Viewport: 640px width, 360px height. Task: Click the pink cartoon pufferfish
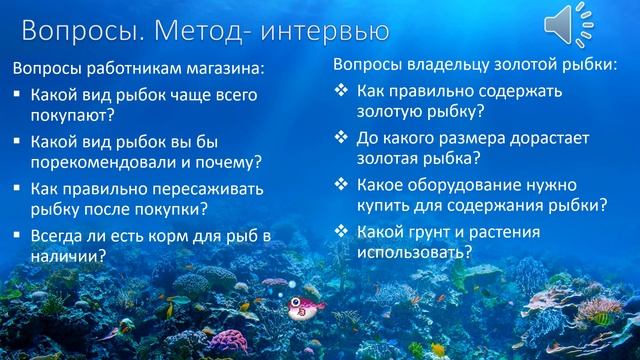point(299,307)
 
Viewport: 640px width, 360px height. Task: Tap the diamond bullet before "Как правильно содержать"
point(340,90)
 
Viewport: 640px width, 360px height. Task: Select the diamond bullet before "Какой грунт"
point(340,231)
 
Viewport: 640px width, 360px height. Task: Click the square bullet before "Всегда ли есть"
point(17,236)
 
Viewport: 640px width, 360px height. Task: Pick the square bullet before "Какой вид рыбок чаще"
point(17,96)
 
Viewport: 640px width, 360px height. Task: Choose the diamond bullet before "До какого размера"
point(340,137)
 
